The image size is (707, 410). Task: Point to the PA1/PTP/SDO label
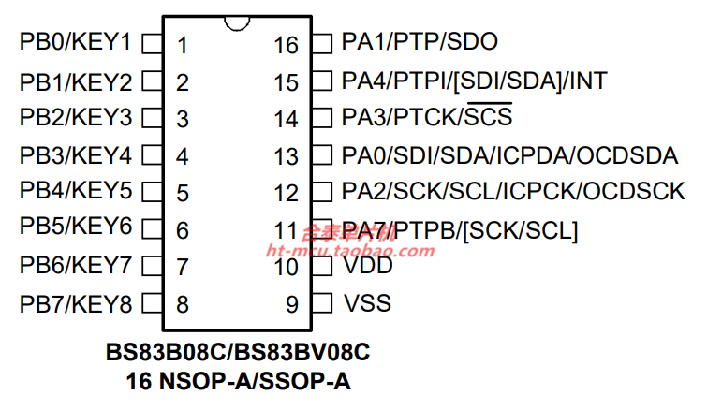click(420, 43)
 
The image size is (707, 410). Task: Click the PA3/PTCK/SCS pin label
click(427, 118)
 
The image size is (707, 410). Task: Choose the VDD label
click(368, 266)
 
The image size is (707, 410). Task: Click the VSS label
click(367, 303)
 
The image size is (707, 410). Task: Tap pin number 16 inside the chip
click(287, 44)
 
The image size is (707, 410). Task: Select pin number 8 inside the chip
click(183, 304)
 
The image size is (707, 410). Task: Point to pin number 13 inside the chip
click(287, 155)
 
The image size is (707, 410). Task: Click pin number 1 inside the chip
click(183, 44)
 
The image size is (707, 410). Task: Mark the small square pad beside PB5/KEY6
click(151, 229)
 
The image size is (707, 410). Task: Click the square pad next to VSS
click(321, 303)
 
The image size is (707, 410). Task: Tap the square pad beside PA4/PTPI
click(321, 81)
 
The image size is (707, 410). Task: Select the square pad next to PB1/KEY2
click(151, 81)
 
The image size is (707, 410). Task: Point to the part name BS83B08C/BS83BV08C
click(238, 354)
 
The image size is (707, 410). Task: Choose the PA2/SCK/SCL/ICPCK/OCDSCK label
click(513, 192)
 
